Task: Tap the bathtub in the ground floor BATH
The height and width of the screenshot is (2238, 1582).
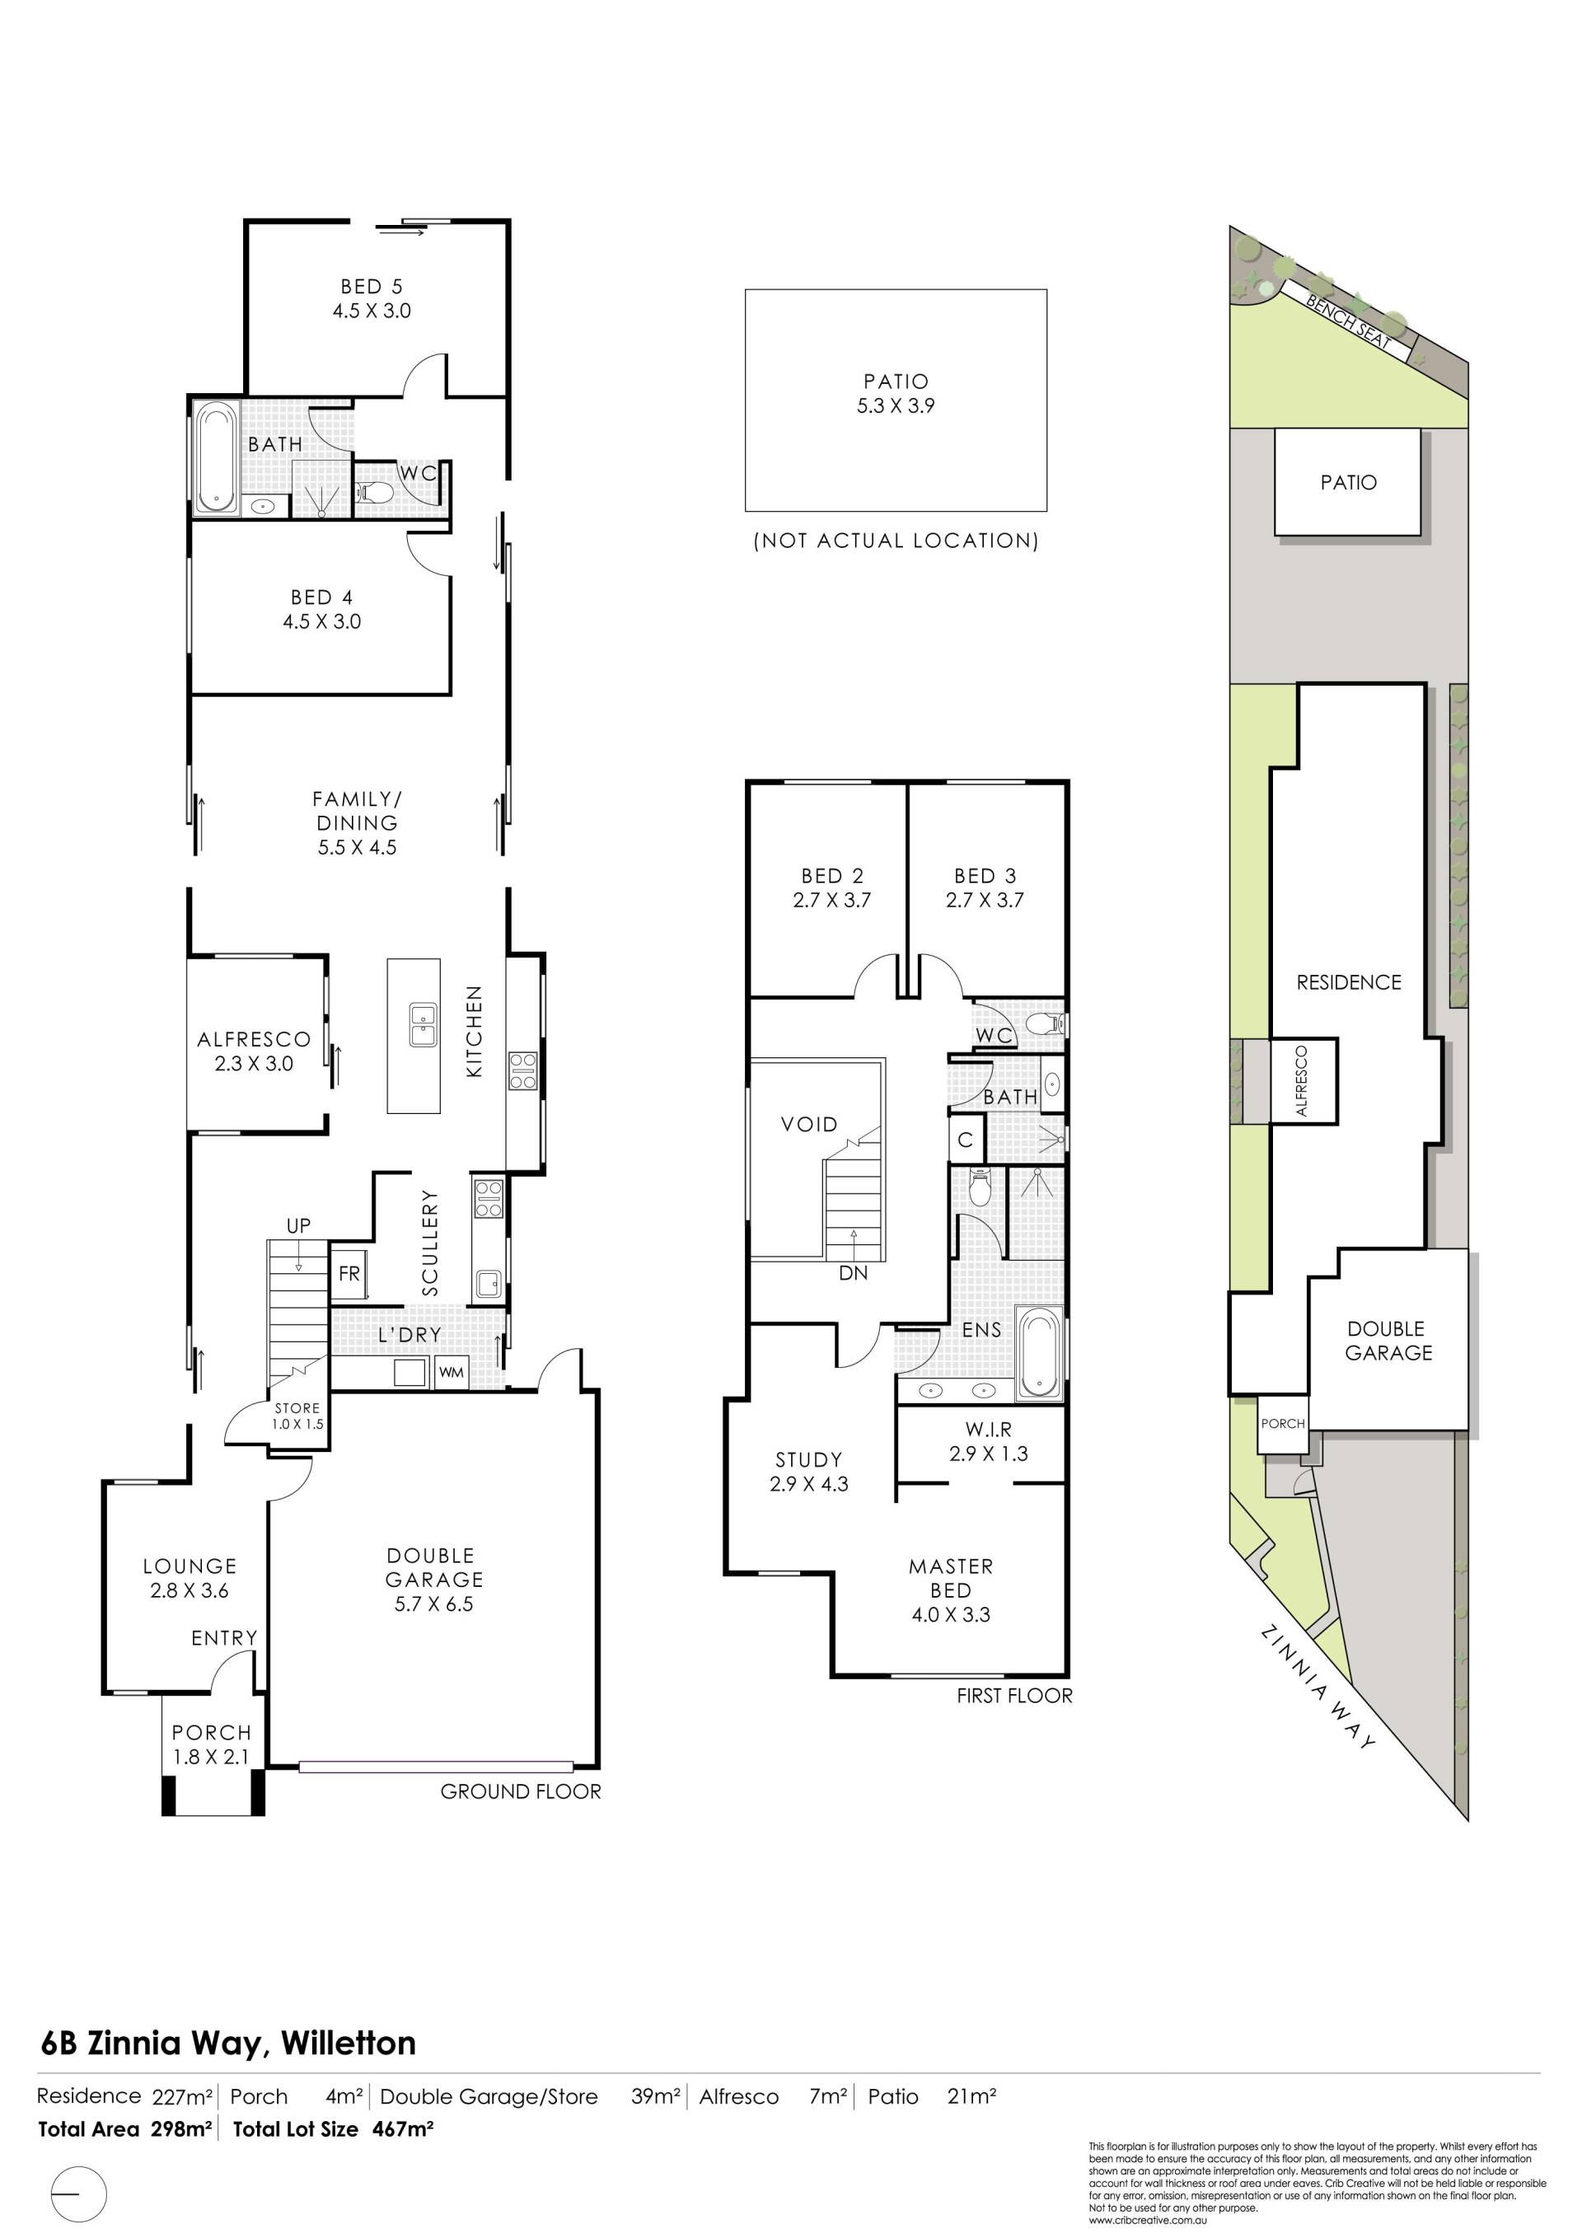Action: click(215, 457)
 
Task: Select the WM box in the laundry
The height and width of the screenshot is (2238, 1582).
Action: click(452, 1371)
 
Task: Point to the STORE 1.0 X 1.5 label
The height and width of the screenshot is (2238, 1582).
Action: click(297, 1416)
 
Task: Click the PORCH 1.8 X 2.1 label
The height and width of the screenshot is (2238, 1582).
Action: click(212, 1744)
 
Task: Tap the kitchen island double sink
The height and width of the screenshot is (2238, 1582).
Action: click(423, 1024)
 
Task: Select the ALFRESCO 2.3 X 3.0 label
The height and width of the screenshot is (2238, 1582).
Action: click(254, 1051)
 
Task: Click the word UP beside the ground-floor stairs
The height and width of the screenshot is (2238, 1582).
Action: click(298, 1225)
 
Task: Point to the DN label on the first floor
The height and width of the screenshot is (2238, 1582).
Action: click(853, 1272)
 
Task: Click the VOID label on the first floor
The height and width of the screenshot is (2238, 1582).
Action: click(809, 1124)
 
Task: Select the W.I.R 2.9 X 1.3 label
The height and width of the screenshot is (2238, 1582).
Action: click(989, 1440)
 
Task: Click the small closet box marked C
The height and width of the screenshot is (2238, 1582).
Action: click(966, 1139)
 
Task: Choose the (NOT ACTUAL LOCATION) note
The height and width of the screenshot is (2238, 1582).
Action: click(896, 540)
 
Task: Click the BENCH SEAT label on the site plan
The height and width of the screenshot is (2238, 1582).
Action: click(1348, 321)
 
